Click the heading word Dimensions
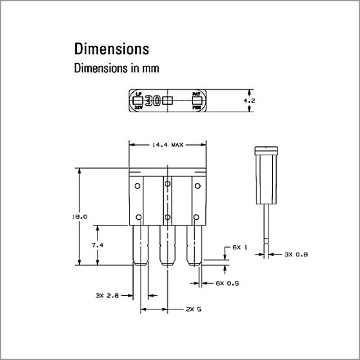click(x=111, y=48)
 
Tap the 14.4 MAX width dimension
click(x=167, y=145)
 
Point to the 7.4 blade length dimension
click(x=97, y=245)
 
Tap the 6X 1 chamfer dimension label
click(x=240, y=248)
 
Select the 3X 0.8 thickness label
click(x=296, y=255)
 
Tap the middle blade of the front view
click(x=167, y=245)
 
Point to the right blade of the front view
click(x=194, y=245)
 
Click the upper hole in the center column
click(x=167, y=183)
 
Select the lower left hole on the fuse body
click(x=139, y=217)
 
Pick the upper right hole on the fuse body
click(x=197, y=185)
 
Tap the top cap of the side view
click(x=266, y=150)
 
